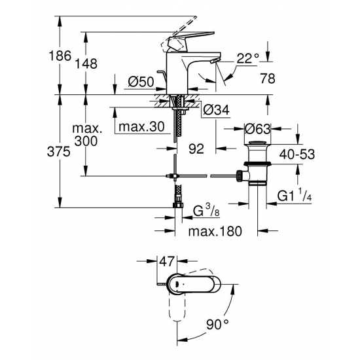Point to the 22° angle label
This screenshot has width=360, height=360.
[x=247, y=59]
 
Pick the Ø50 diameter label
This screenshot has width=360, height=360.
[x=141, y=82]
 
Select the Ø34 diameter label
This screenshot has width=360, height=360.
[x=216, y=109]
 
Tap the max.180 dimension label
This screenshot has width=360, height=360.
[x=215, y=232]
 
